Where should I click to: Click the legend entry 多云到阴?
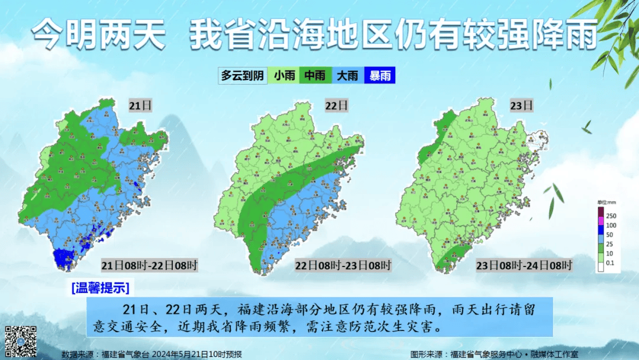tap(242, 75)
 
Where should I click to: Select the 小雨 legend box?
tap(285, 75)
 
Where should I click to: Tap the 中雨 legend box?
tap(315, 75)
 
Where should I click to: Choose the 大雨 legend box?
tap(347, 75)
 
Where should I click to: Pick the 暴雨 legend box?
tap(379, 75)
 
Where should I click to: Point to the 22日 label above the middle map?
tap(336, 106)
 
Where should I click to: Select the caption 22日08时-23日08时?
tap(343, 265)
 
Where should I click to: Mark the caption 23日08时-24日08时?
tap(524, 265)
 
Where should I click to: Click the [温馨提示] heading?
tap(99, 288)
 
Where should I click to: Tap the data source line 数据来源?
tap(151, 354)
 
